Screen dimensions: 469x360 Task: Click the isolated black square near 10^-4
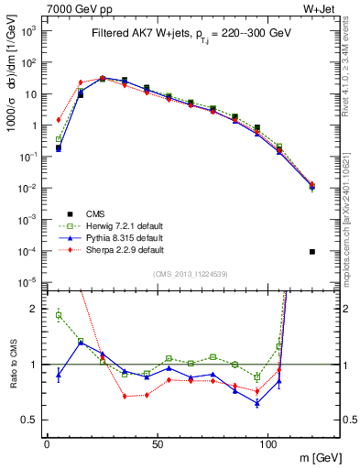(x=312, y=252)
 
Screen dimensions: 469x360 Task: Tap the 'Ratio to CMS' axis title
(x=13, y=364)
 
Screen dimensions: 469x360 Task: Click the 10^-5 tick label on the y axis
(x=29, y=281)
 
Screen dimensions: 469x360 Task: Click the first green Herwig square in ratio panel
(x=59, y=315)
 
